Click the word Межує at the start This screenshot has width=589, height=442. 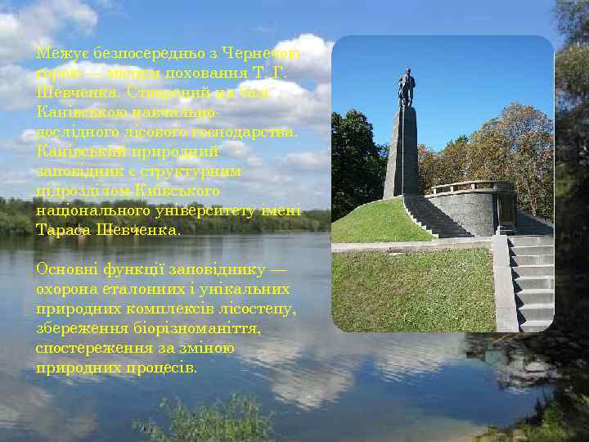(56, 53)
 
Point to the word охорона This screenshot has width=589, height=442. (66, 289)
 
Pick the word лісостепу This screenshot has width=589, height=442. (260, 309)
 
